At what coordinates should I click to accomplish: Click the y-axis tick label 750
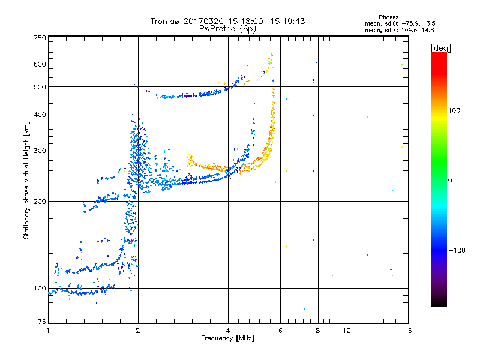40,38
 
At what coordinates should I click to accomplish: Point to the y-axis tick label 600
40,64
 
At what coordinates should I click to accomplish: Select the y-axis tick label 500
40,87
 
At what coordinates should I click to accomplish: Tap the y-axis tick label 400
40,115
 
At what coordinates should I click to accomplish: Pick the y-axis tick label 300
40,151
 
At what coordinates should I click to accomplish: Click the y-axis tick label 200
40,202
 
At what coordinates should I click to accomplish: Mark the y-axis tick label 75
42,322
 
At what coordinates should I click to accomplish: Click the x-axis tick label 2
138,331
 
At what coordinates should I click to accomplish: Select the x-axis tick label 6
280,331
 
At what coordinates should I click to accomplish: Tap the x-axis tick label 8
318,331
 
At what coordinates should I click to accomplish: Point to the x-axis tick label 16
408,331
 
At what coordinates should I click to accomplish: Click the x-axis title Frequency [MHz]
227,338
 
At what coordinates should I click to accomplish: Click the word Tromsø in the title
164,21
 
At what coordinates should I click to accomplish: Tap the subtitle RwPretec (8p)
227,29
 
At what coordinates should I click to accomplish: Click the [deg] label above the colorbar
440,49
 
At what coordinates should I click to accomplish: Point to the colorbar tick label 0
450,181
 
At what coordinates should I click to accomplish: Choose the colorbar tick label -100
457,250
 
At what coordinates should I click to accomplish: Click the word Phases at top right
388,17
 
